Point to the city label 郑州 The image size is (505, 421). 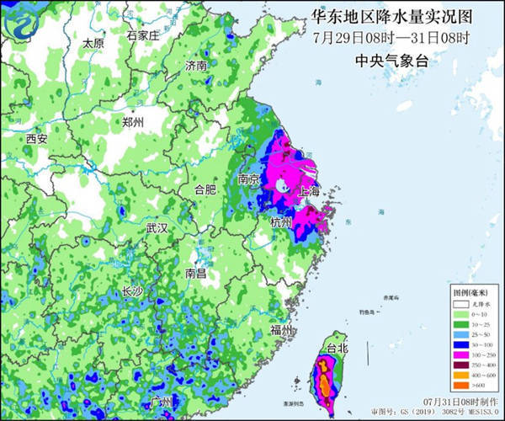(x=132, y=123)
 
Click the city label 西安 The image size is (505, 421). (x=36, y=138)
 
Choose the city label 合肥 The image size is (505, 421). (x=206, y=189)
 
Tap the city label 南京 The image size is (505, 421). (x=249, y=179)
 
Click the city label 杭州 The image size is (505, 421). (x=280, y=222)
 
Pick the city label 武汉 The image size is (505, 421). (x=157, y=229)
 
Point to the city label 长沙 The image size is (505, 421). (x=133, y=291)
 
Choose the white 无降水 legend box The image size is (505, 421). (x=459, y=301)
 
